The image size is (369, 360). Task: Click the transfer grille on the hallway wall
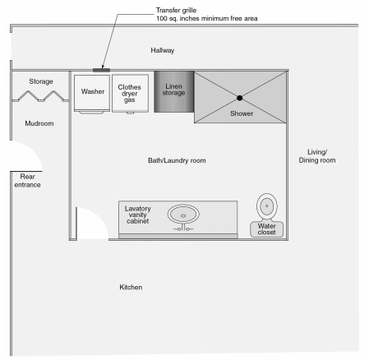101,70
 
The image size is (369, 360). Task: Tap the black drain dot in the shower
240,98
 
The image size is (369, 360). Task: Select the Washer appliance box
92,93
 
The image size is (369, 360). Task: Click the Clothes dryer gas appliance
130,93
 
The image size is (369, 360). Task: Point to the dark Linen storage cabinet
173,91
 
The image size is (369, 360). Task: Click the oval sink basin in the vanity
183,215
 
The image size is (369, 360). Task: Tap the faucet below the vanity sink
183,228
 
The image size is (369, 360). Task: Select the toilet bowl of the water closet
267,206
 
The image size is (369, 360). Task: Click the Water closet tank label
266,229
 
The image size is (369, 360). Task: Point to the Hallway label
163,50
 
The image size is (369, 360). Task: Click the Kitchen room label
131,287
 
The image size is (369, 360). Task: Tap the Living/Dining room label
317,156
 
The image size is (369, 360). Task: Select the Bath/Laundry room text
177,160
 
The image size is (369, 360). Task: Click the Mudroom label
39,123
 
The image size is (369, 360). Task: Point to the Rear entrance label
27,181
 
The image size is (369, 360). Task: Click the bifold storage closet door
41,96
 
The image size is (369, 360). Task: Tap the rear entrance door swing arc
35,151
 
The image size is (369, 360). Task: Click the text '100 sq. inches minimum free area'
207,19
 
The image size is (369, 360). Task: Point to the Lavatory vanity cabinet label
137,215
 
